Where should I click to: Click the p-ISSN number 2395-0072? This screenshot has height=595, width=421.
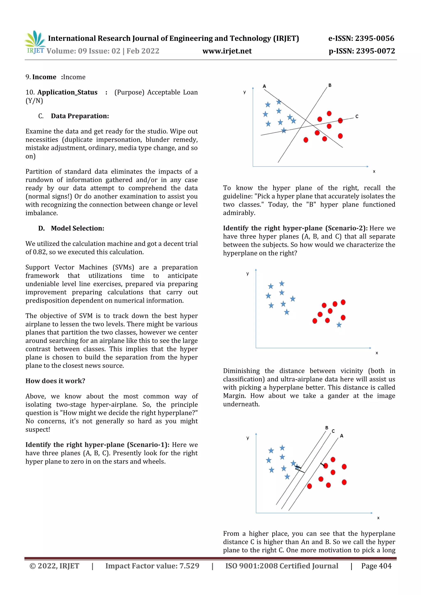coord(375,51)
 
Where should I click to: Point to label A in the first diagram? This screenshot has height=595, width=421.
coord(264,86)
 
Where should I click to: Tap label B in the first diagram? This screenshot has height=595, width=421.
coord(330,85)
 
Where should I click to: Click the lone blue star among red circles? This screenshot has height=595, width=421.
coord(339,325)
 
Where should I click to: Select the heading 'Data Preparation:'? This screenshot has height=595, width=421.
coord(80,116)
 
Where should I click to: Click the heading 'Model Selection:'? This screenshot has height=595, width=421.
coord(77,228)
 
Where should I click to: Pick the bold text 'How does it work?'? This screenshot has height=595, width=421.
coord(55,381)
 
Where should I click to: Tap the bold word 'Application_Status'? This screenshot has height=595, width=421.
coord(67,92)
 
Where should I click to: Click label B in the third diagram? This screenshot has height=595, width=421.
coord(327,428)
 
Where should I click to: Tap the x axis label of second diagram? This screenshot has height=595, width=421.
coord(377,353)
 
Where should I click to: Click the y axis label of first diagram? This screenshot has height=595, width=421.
coord(244,92)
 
